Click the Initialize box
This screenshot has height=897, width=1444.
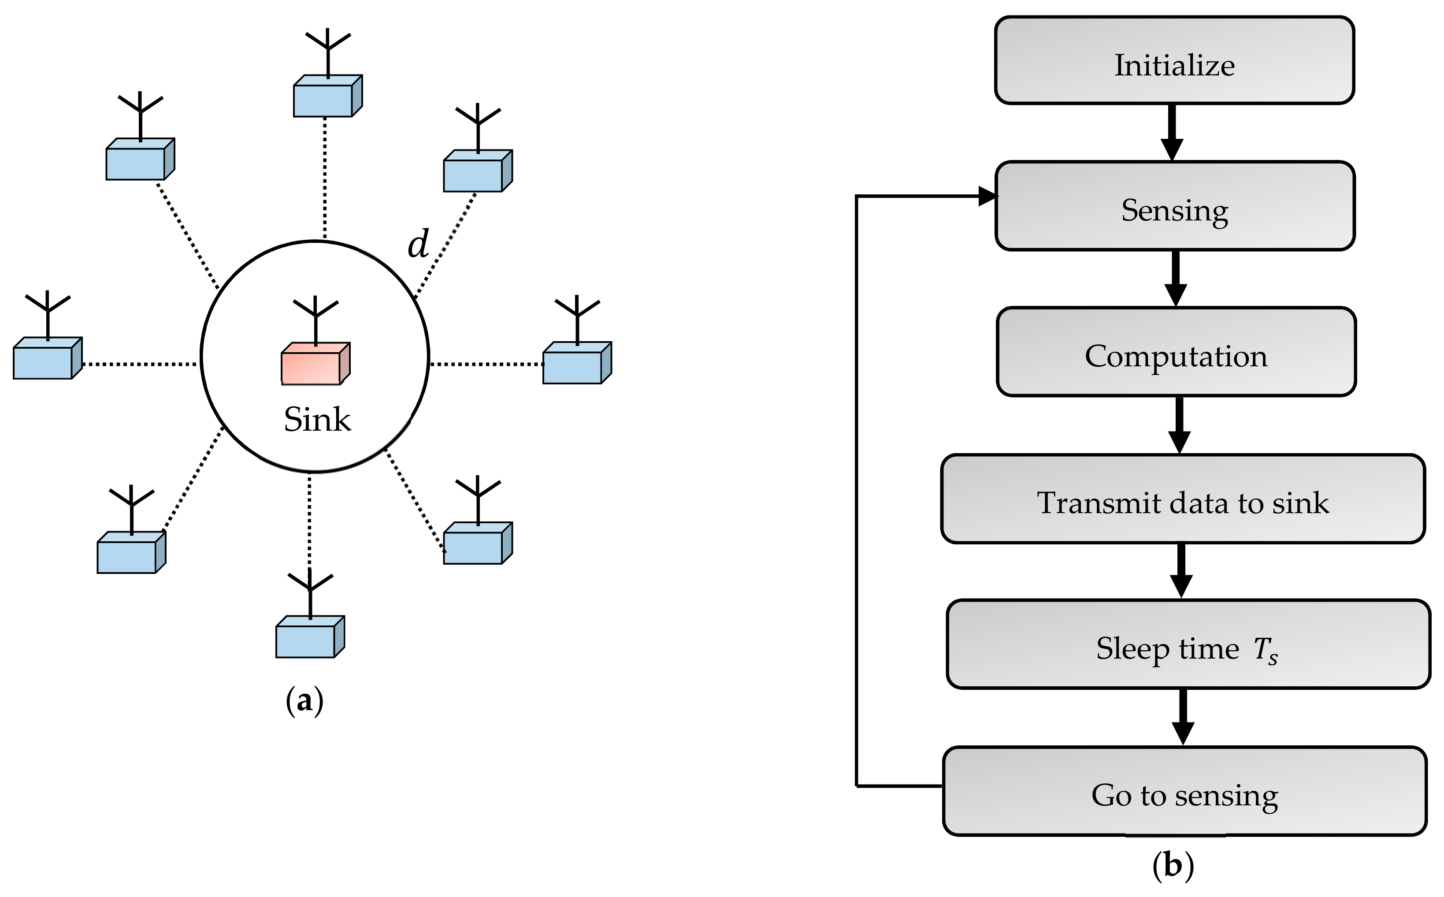tap(1174, 60)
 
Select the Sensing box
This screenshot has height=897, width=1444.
tap(1175, 206)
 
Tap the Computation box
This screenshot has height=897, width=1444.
tap(1176, 351)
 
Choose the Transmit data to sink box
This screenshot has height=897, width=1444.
tap(1183, 499)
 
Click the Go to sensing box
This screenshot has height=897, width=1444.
tap(1185, 791)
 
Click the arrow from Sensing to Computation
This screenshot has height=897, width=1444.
tap(1175, 278)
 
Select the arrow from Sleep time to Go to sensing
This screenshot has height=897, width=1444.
tap(1183, 717)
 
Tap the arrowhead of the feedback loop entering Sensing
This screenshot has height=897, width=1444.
tap(988, 196)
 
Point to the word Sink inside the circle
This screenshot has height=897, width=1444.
tap(317, 420)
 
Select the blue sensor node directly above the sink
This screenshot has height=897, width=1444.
tap(328, 96)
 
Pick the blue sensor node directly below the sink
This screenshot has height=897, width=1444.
tap(310, 636)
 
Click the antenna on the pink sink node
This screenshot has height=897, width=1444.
tap(316, 320)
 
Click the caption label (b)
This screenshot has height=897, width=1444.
tap(1173, 866)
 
